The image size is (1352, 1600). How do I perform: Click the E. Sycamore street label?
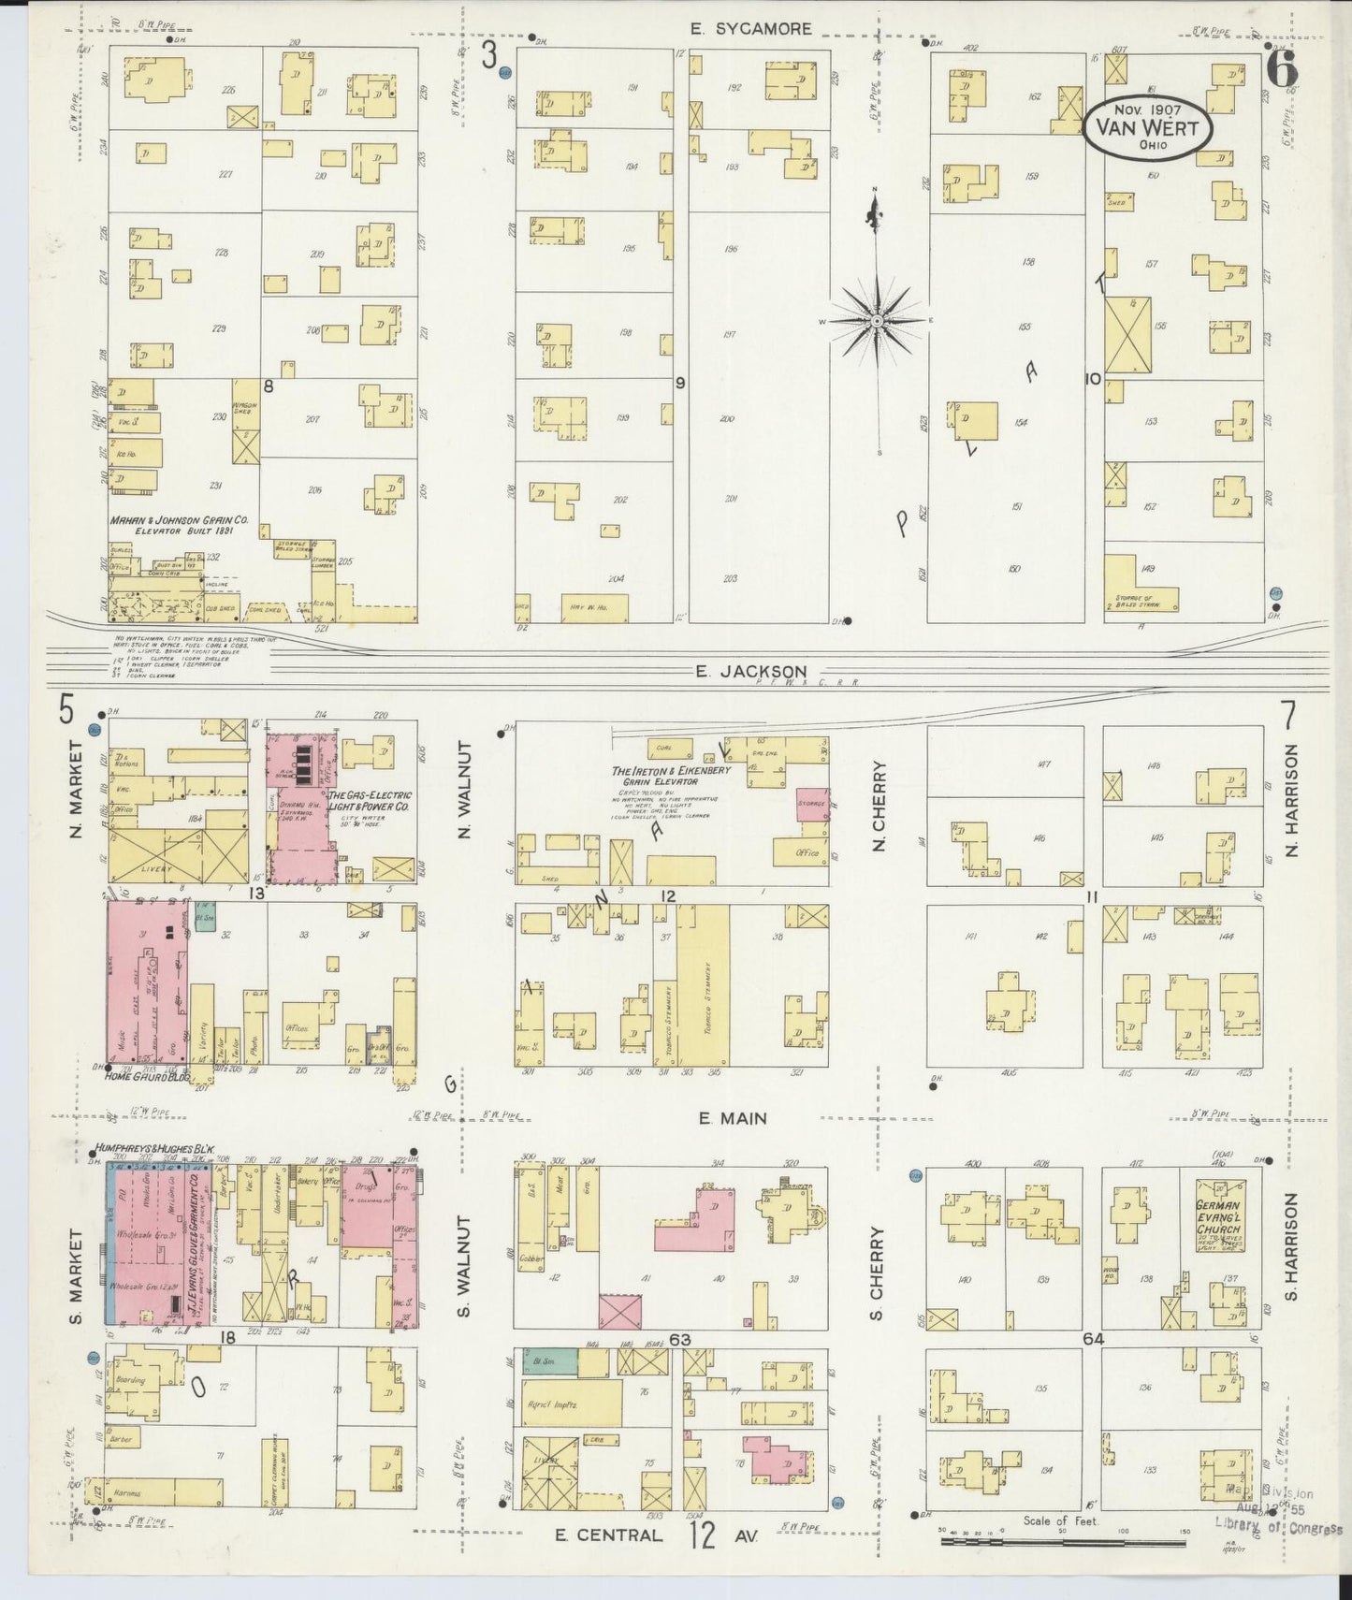[x=750, y=29]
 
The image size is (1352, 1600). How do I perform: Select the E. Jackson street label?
[x=750, y=671]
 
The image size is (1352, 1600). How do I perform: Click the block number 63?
[x=679, y=1340]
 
